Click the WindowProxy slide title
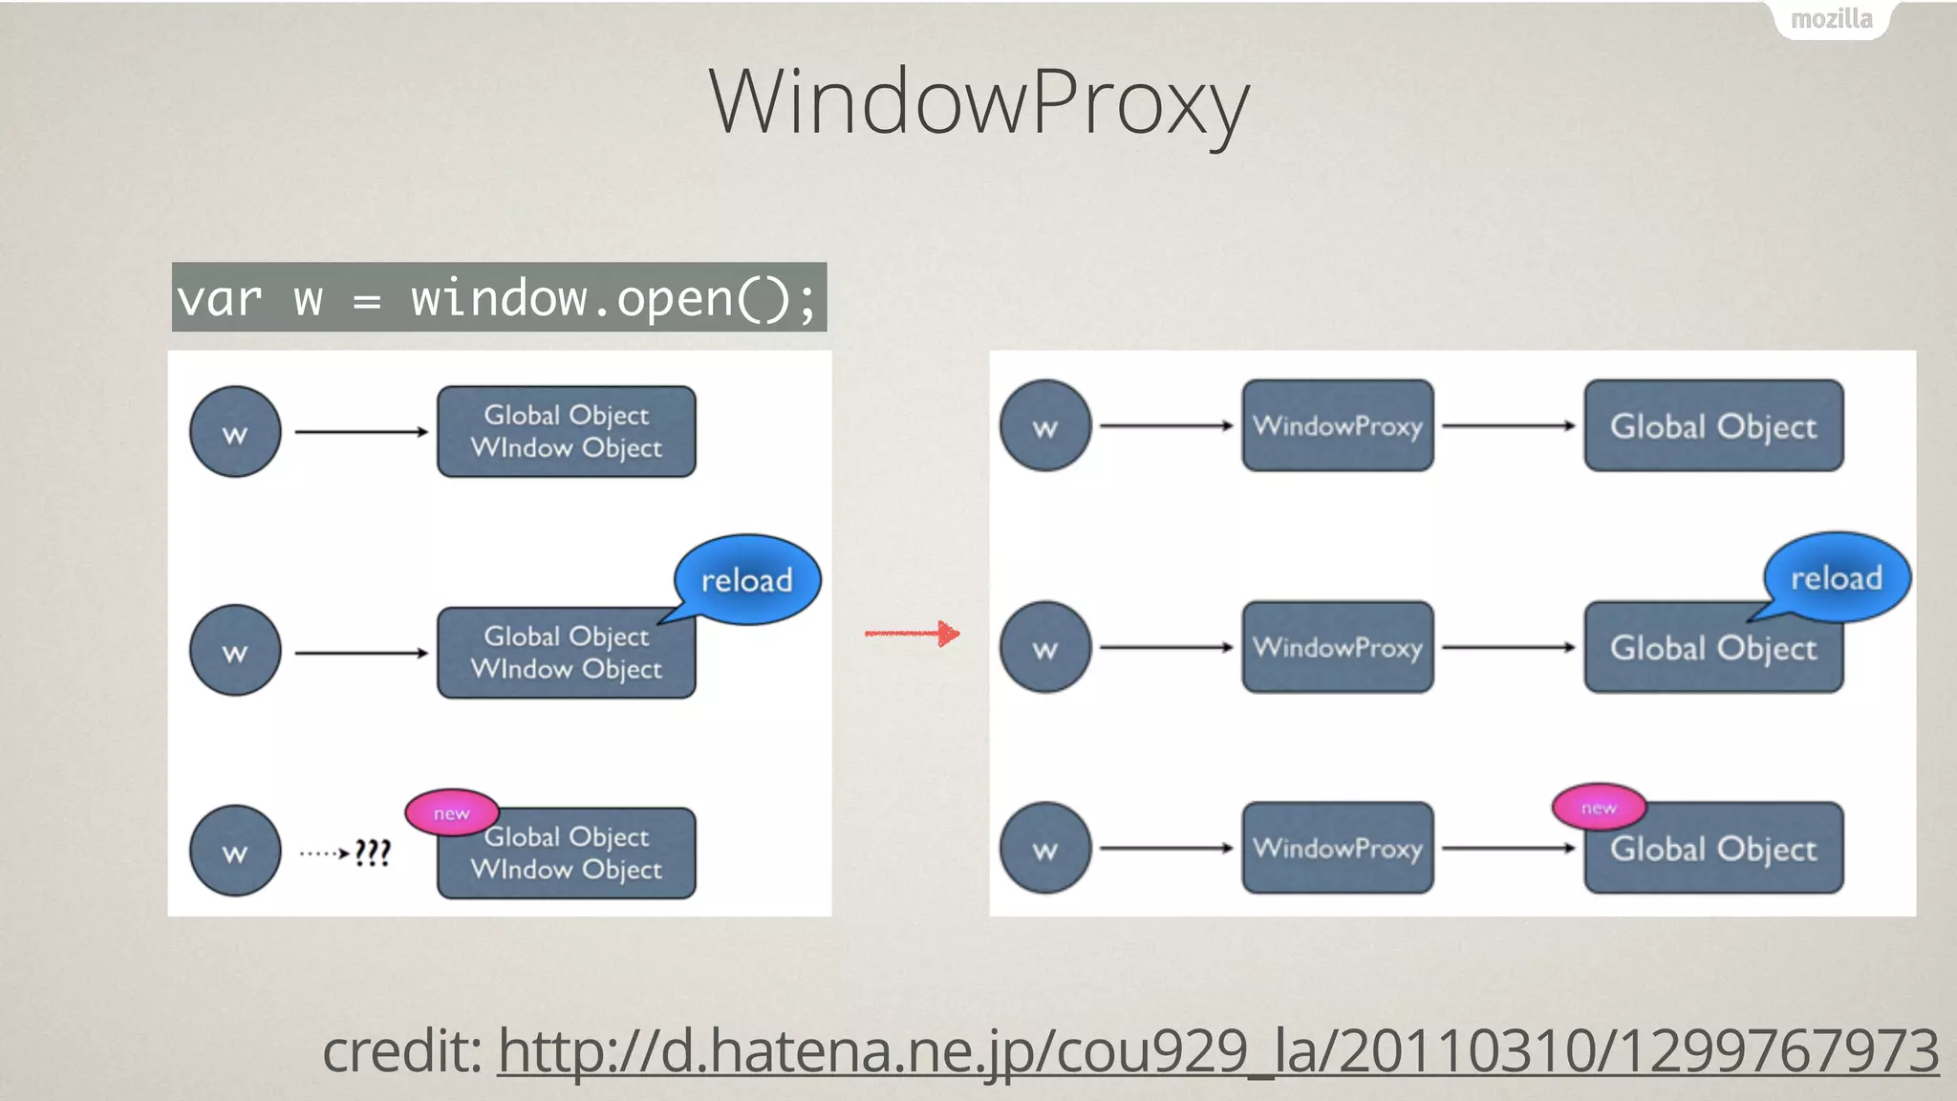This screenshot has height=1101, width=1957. click(978, 103)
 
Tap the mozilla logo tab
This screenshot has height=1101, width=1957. click(1830, 19)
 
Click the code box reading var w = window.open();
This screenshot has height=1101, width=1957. click(499, 297)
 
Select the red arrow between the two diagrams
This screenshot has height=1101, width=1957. click(912, 633)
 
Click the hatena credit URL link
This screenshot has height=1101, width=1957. click(1217, 1051)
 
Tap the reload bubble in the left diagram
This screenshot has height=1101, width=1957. click(747, 579)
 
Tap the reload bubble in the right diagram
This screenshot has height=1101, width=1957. click(1836, 577)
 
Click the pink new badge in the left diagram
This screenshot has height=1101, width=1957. click(452, 812)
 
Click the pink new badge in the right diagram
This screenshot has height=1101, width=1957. click(1599, 808)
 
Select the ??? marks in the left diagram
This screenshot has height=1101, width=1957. click(373, 852)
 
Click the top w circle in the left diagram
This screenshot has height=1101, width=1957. click(235, 432)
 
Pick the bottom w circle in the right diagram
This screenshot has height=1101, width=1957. click(1045, 848)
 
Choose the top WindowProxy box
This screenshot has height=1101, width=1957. click(1338, 425)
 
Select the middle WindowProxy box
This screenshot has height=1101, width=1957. click(1338, 647)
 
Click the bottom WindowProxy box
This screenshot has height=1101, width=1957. click(1338, 848)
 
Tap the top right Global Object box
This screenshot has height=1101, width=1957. click(1713, 425)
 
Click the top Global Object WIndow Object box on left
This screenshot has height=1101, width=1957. click(567, 431)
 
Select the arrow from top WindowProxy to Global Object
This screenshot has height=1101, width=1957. click(1508, 425)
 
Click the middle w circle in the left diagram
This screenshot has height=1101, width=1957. click(235, 651)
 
